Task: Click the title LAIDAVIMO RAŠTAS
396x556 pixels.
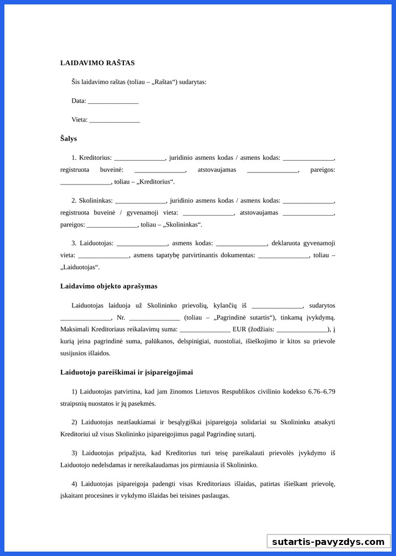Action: point(97,63)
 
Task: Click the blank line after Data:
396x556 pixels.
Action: point(113,101)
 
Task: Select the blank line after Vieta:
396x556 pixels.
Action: point(114,120)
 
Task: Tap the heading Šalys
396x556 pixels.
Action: point(69,139)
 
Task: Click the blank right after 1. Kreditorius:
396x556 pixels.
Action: point(139,158)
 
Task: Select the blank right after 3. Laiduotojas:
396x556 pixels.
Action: point(142,243)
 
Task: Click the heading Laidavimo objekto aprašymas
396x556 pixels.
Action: point(109,286)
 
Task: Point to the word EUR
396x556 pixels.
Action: point(239,329)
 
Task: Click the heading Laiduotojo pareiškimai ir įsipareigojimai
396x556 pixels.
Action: point(127,373)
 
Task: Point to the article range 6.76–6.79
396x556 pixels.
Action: point(320,392)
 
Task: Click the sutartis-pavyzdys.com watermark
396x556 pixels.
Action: point(328,542)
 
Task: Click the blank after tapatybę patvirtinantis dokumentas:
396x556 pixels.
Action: point(284,255)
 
